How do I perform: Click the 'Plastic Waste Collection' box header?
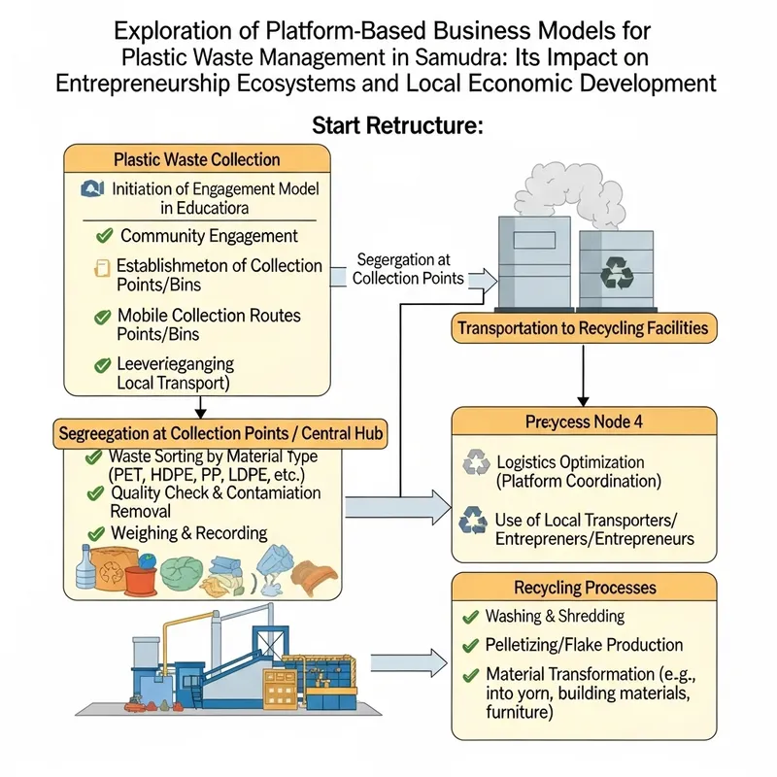coord(196,159)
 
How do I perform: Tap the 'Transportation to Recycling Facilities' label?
coord(583,328)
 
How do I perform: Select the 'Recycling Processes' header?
coord(584,588)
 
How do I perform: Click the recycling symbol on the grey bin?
coord(616,272)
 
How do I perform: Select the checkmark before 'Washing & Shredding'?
coord(470,616)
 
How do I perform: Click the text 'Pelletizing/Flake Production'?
coord(584,644)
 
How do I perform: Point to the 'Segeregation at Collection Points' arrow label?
coord(408,268)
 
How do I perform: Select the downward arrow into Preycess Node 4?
coord(583,374)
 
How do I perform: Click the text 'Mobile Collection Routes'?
coord(209,316)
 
